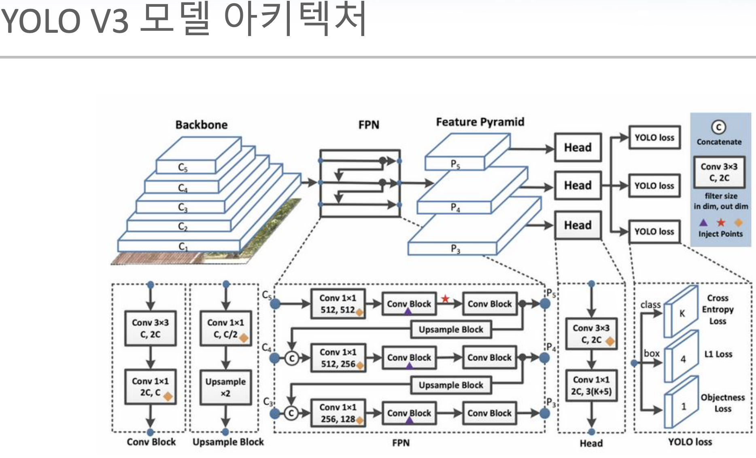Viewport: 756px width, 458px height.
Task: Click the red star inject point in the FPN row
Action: pos(445,299)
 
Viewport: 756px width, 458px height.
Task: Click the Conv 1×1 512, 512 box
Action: pos(338,304)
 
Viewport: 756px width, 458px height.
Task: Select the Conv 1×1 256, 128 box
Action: pos(338,413)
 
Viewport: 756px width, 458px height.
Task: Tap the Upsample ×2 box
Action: pos(225,387)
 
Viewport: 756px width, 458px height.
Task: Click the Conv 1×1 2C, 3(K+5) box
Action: pos(591,385)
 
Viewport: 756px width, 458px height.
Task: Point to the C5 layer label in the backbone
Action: pos(183,168)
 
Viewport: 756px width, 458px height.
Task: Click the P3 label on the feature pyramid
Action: pos(455,248)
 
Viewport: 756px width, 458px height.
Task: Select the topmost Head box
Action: pos(578,147)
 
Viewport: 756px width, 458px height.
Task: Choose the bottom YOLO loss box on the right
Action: pos(654,231)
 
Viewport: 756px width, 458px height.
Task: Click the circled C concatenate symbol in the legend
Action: pos(719,127)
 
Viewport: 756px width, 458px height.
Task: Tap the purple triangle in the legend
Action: pos(703,223)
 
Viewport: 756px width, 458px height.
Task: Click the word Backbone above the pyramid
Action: pos(201,125)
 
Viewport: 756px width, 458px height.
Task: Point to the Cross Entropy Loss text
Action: pos(718,310)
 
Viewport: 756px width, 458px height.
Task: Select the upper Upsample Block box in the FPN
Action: pos(451,329)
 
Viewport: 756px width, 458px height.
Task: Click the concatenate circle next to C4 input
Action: pos(292,358)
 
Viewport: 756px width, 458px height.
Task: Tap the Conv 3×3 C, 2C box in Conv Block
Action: pos(150,328)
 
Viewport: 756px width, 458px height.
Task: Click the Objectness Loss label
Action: pos(722,403)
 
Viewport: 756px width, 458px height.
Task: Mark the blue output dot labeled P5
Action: pos(545,303)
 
